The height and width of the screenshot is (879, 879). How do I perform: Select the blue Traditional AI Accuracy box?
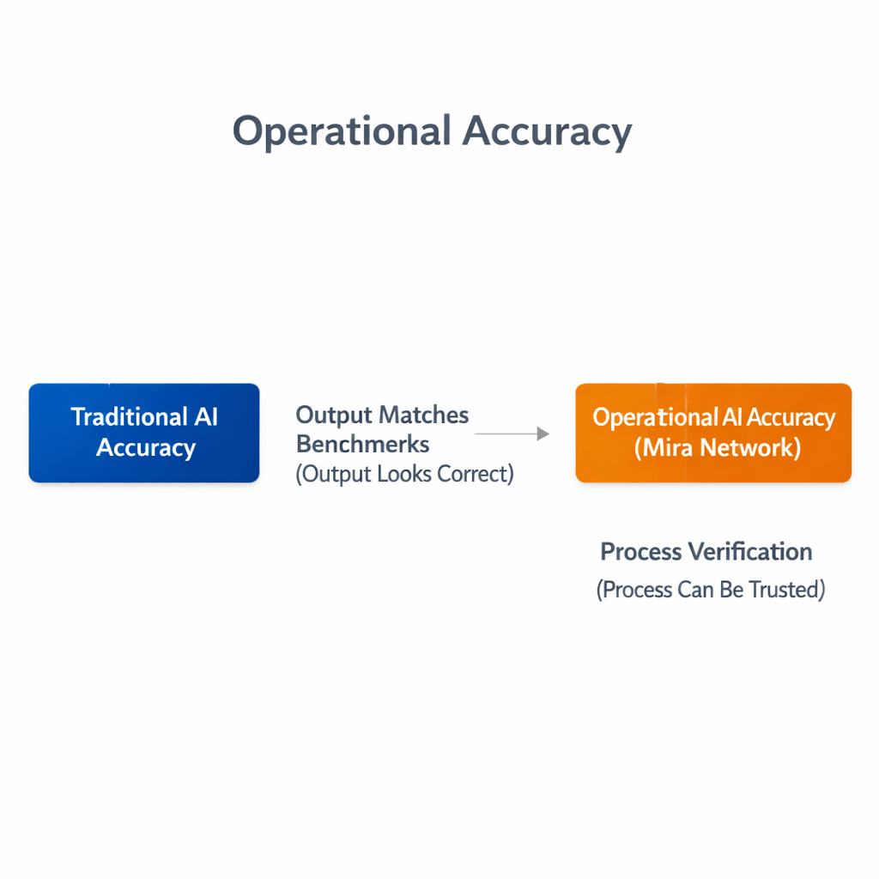pyautogui.click(x=144, y=433)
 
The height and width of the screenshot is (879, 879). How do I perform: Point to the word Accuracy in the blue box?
pyautogui.click(x=146, y=448)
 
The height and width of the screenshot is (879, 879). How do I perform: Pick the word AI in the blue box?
pyautogui.click(x=205, y=417)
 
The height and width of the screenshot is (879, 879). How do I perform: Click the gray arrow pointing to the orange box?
pyautogui.click(x=512, y=434)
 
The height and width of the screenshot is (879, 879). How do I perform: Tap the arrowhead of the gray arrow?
pyautogui.click(x=543, y=434)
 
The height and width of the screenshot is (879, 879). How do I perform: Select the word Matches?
pyautogui.click(x=424, y=415)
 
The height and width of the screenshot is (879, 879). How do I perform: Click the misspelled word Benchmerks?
pyautogui.click(x=363, y=445)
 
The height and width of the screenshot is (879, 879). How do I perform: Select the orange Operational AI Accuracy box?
pyautogui.click(x=713, y=433)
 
